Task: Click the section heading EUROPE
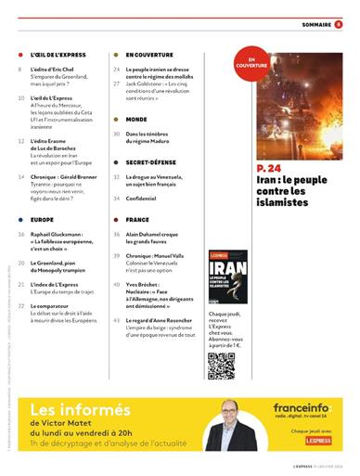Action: [43, 219]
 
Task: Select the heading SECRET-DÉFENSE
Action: [148, 161]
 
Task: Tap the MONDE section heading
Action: [136, 120]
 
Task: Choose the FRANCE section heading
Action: [137, 220]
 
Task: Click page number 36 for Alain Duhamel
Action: [117, 235]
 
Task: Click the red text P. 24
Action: [270, 167]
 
